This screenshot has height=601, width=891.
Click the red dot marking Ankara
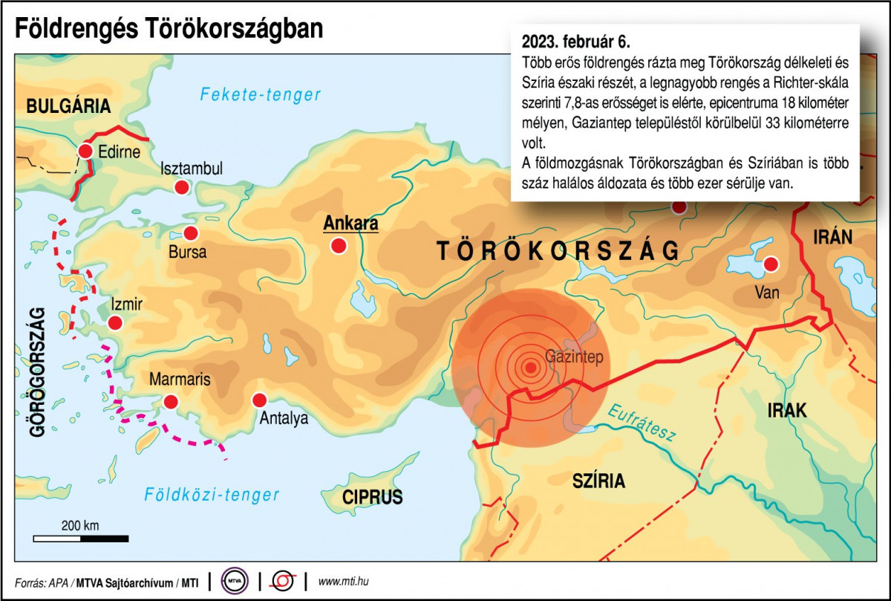point(339,245)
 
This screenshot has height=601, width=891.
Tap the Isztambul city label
point(192,169)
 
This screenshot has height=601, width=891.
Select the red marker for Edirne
point(85,152)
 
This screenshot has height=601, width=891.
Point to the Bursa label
point(188,253)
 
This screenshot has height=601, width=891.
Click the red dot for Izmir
point(115,322)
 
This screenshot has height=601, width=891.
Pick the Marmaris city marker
point(172,402)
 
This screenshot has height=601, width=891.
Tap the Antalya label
point(284,419)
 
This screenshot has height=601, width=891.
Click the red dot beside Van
point(771,264)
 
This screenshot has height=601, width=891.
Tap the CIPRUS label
point(373,497)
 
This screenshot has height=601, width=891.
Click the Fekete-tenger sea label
point(261,94)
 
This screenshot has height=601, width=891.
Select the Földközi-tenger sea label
point(212,495)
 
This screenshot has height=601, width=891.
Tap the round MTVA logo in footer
point(234,581)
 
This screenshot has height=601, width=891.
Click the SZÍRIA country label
point(598,481)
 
